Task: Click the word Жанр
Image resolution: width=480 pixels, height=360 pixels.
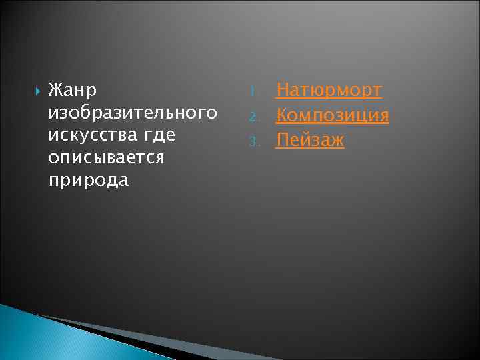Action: (x=73, y=89)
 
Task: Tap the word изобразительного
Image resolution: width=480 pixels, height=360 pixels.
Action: (x=133, y=112)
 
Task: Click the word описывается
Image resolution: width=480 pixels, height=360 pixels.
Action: (x=106, y=157)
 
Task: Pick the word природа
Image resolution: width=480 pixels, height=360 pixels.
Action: (x=89, y=181)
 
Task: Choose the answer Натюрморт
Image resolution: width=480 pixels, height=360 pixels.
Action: (x=329, y=90)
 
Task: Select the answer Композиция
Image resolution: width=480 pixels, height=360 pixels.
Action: (x=333, y=115)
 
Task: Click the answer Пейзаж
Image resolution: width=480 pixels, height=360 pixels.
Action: (x=310, y=141)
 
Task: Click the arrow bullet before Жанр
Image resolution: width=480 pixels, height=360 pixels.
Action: (x=37, y=90)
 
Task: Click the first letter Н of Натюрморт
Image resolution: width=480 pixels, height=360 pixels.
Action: (x=283, y=90)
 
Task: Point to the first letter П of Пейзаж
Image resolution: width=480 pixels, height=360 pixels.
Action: (x=283, y=140)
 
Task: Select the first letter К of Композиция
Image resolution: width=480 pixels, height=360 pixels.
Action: (x=282, y=115)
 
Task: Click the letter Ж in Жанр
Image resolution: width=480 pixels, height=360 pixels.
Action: (x=55, y=89)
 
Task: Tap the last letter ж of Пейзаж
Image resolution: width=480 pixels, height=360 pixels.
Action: (x=337, y=141)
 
